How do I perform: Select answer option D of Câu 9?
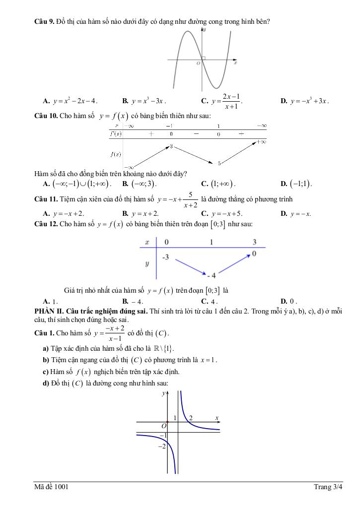(x=304, y=101)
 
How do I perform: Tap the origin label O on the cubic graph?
(x=198, y=63)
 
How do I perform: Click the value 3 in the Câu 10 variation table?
(x=170, y=146)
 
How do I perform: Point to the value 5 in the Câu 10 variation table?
(x=219, y=162)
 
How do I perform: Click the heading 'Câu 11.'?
(x=45, y=199)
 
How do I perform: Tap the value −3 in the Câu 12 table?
(x=165, y=257)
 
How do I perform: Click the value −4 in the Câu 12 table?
(x=211, y=275)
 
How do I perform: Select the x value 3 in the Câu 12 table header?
(x=254, y=242)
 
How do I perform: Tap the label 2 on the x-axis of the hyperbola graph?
(x=191, y=418)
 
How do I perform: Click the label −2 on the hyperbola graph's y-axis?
(x=161, y=446)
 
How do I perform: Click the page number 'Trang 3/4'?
(x=328, y=487)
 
